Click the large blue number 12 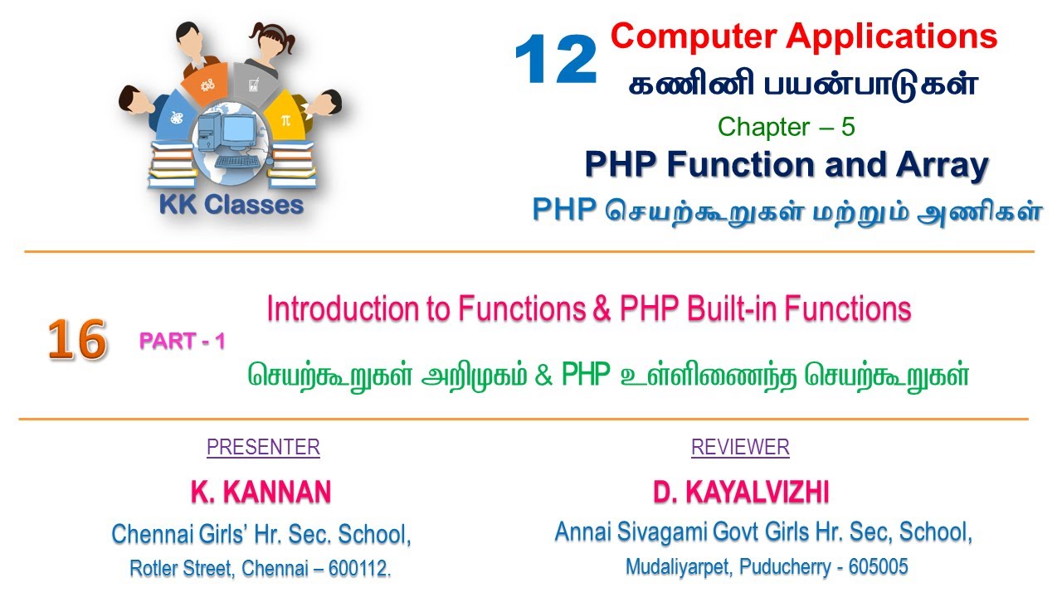pos(555,61)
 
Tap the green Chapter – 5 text pos(786,127)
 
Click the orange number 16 pos(76,340)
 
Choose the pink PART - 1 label pos(182,341)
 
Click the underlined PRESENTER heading pos(263,448)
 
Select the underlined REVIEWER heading pos(740,448)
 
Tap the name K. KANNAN pos(261,493)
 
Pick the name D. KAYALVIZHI pos(741,493)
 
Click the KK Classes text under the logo pos(231,205)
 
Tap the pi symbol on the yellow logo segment pos(285,119)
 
